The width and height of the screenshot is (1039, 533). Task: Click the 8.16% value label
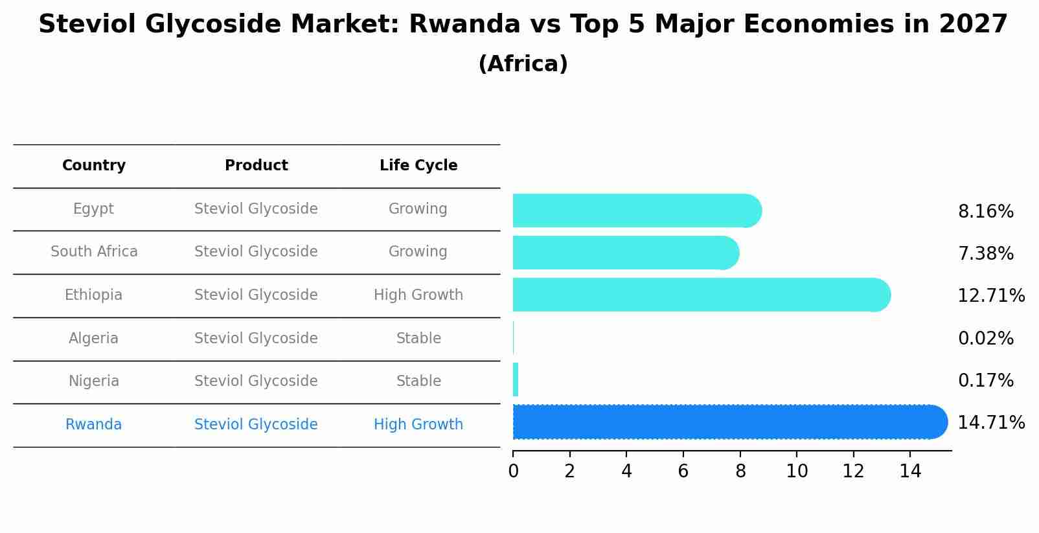coord(985,212)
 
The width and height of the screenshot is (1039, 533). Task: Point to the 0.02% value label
coord(985,339)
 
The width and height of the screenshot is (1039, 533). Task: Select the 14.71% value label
coord(990,423)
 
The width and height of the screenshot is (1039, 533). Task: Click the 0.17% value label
coord(985,381)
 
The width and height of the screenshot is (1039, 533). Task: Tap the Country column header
coord(94,166)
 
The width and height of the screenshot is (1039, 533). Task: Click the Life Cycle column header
coord(418,166)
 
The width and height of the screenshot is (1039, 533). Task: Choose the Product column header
coord(256,166)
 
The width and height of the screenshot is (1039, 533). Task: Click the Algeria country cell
coord(94,338)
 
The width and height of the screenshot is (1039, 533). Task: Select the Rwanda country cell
coord(94,424)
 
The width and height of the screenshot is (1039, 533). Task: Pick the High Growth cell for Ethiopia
coord(418,295)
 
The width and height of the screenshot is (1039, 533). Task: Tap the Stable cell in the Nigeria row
coord(418,381)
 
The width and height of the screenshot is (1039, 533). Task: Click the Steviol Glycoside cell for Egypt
coord(256,209)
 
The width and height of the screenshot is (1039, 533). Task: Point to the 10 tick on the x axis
coord(797,471)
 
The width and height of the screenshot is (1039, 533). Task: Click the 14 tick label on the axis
coord(910,471)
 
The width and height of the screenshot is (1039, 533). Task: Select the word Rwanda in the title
coord(464,25)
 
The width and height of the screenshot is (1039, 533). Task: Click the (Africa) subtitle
coord(523,64)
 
